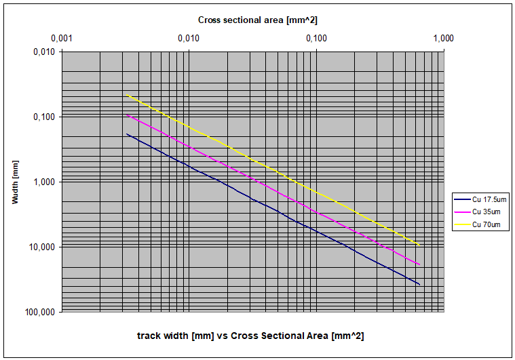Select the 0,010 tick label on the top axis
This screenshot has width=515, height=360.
pyautogui.click(x=189, y=39)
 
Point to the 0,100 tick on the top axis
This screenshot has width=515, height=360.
pyautogui.click(x=316, y=39)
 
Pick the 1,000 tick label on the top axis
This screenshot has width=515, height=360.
pyautogui.click(x=443, y=39)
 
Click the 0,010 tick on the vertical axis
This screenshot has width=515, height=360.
pyautogui.click(x=44, y=52)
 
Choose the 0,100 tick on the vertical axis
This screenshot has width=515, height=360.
pyautogui.click(x=44, y=117)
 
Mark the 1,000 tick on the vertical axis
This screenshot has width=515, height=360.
pyautogui.click(x=44, y=182)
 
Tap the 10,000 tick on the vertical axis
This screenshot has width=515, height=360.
pyautogui.click(x=42, y=247)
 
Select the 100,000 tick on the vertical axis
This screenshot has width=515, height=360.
pyautogui.click(x=41, y=312)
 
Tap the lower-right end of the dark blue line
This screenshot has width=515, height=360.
pyautogui.click(x=420, y=285)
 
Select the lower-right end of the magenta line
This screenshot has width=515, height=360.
pyautogui.click(x=420, y=265)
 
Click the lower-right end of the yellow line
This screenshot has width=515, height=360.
pyautogui.click(x=420, y=245)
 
